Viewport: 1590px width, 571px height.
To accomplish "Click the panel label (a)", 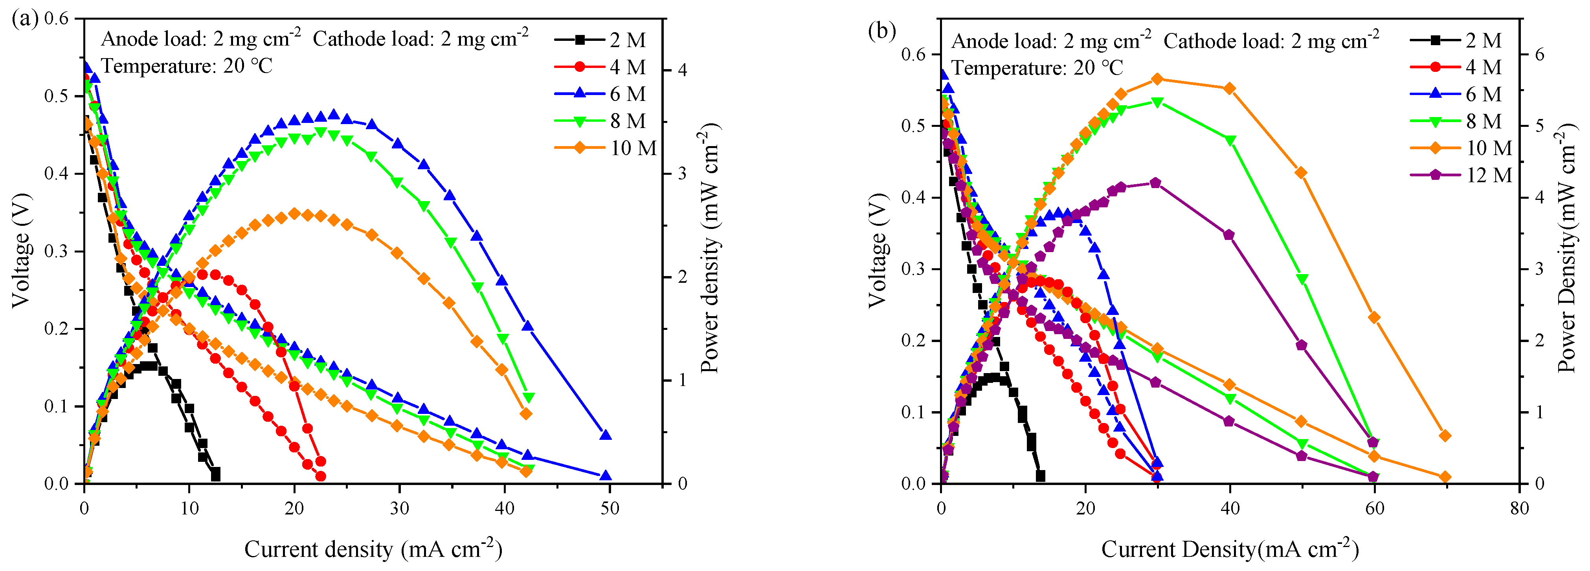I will [25, 18].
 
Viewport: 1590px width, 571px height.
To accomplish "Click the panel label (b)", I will [881, 29].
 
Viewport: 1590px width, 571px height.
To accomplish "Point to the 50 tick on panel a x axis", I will [610, 508].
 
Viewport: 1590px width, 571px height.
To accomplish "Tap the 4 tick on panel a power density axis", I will [682, 70].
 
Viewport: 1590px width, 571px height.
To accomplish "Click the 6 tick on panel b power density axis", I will [1539, 54].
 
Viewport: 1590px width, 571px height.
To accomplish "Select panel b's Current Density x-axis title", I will [1230, 549].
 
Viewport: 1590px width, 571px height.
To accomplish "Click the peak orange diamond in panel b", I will [1157, 79].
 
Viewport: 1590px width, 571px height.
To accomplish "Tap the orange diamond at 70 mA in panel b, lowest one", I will [1445, 477].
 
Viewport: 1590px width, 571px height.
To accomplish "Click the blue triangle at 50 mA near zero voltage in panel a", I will [606, 476].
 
